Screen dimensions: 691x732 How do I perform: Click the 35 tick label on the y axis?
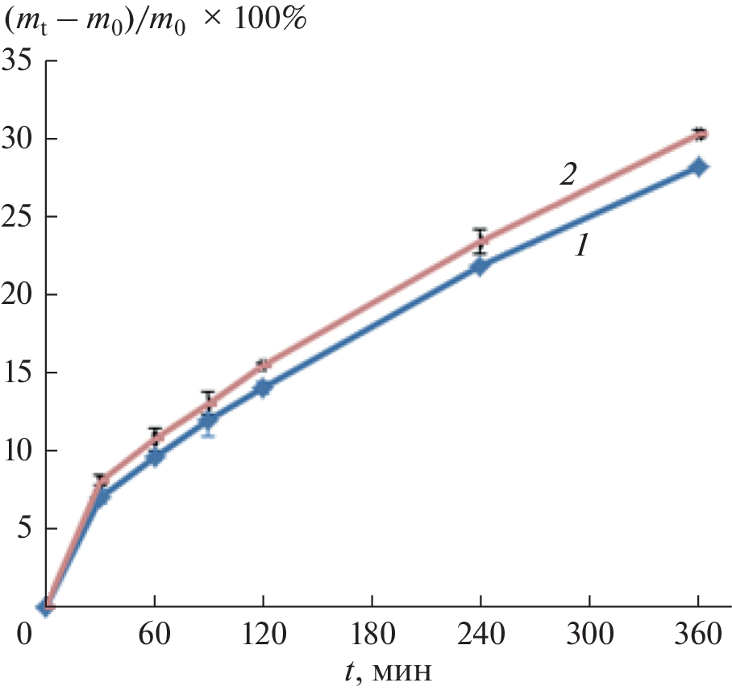[19, 61]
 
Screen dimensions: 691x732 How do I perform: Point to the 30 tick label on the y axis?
[19, 139]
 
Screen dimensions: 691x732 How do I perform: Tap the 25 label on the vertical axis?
[19, 217]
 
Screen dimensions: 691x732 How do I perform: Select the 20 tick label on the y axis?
[19, 295]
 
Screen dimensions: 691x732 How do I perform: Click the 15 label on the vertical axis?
[19, 373]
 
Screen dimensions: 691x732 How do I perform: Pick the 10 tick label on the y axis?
[19, 451]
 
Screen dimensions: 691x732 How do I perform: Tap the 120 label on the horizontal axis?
[264, 635]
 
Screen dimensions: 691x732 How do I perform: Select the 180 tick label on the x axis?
[372, 635]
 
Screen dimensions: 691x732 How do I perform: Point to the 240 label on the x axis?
[480, 635]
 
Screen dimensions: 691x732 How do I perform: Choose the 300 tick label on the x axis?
[589, 635]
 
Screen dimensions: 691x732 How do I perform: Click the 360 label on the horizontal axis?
[697, 635]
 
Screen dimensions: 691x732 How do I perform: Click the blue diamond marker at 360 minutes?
[699, 167]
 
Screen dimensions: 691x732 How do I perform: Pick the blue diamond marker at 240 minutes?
[480, 267]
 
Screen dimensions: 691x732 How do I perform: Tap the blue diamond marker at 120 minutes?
[263, 388]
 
